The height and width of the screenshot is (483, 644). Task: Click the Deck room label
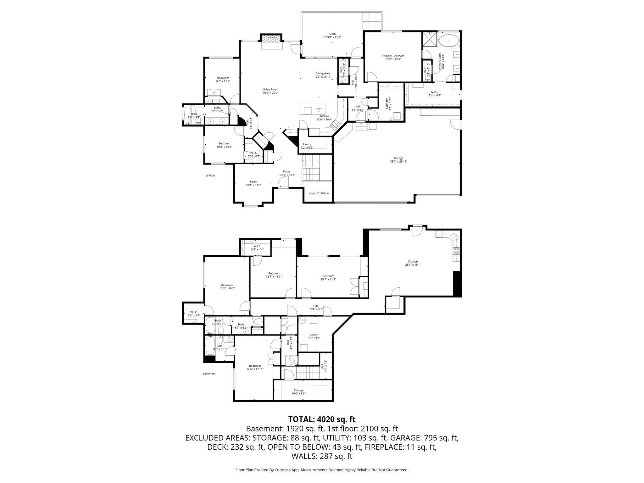click(x=332, y=36)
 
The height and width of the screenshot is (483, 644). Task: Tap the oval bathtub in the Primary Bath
click(x=449, y=41)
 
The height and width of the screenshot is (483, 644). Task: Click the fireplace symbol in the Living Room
click(x=271, y=39)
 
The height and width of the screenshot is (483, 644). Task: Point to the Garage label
click(x=398, y=160)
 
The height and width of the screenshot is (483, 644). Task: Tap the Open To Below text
click(x=319, y=193)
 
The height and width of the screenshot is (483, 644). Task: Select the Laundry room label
click(x=389, y=103)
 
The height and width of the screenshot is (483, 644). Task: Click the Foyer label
click(x=286, y=173)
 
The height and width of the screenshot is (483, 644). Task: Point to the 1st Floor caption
click(x=209, y=175)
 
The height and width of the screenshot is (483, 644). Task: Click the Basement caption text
click(x=209, y=374)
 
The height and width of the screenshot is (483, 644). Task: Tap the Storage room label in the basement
click(x=298, y=392)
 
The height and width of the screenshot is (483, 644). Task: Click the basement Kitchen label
click(x=413, y=263)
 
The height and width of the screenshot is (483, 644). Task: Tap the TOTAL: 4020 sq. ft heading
click(x=322, y=419)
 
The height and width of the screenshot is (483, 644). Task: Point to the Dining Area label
click(x=323, y=75)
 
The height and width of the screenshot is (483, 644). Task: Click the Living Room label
click(x=270, y=91)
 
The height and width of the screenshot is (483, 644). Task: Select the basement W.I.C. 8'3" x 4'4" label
click(x=257, y=247)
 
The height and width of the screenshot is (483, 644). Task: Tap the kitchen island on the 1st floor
click(x=312, y=109)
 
